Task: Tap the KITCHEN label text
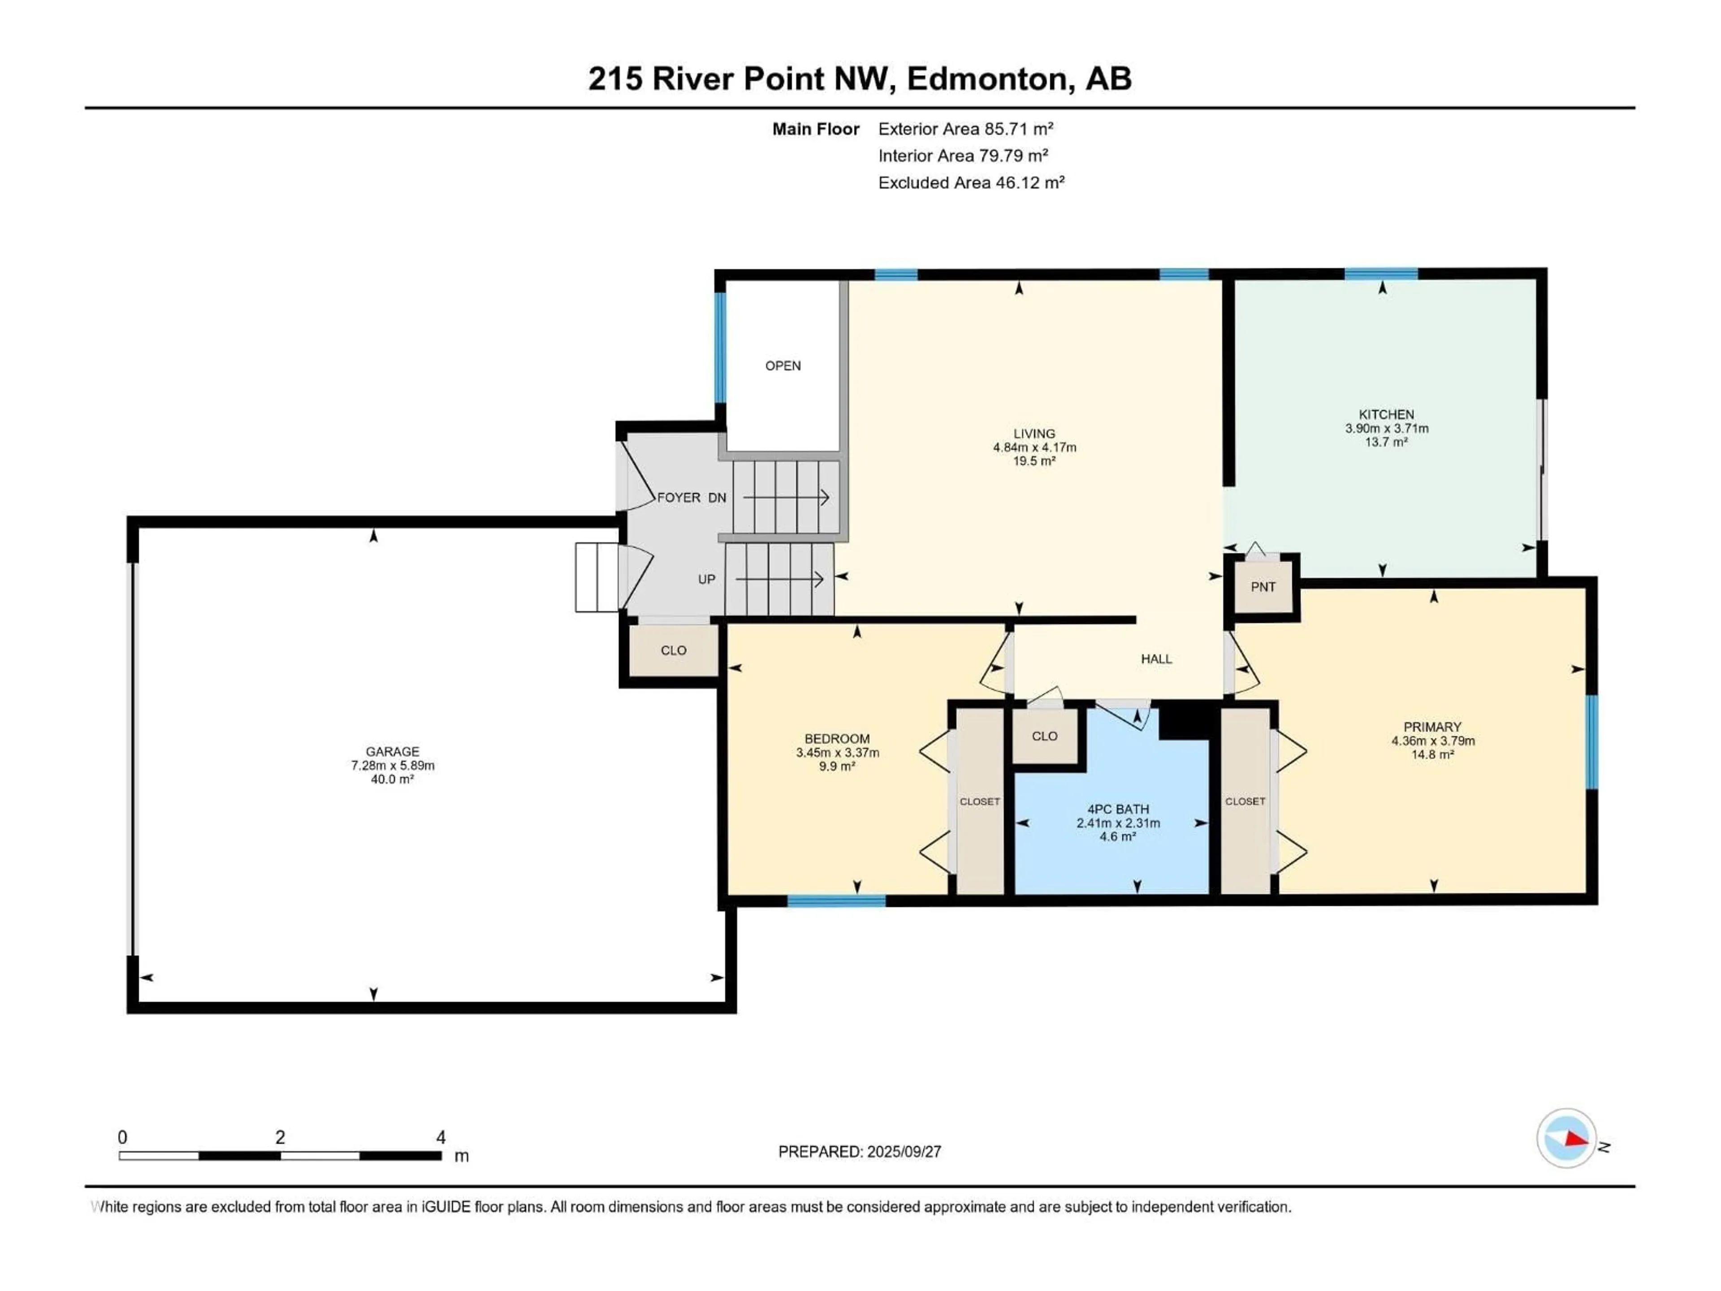click(x=1387, y=415)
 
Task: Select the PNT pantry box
click(x=1263, y=587)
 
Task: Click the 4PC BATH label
click(x=1118, y=809)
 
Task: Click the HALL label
click(x=1156, y=659)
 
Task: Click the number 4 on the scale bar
click(x=441, y=1137)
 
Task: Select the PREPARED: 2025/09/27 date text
click(x=860, y=1152)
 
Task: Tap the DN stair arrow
click(x=786, y=497)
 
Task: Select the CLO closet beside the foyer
click(x=673, y=650)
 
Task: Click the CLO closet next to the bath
click(x=1044, y=736)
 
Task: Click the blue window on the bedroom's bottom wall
click(x=836, y=901)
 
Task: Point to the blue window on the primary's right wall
click(x=1592, y=741)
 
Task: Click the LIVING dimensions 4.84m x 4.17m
click(x=1034, y=447)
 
